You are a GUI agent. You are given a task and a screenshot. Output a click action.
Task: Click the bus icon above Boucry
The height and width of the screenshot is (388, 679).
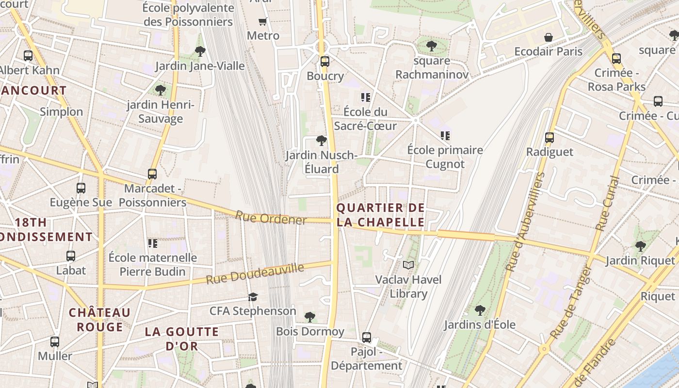(324, 62)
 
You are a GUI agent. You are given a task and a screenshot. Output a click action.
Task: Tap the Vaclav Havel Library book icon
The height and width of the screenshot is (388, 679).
(409, 265)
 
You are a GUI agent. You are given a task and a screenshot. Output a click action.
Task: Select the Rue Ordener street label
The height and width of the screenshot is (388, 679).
(271, 219)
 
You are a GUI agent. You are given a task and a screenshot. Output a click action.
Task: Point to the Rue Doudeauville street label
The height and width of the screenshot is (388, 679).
(255, 274)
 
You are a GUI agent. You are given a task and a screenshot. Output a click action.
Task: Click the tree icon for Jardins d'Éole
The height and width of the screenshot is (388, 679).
(480, 309)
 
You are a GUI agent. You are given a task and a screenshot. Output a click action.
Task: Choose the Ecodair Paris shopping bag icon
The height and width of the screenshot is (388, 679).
(549, 37)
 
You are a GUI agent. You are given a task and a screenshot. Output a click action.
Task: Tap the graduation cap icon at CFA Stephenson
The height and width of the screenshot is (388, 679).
(253, 297)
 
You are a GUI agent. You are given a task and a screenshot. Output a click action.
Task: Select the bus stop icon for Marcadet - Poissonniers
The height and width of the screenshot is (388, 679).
(152, 174)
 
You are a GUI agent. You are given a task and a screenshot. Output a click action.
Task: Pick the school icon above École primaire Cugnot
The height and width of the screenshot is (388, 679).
(445, 136)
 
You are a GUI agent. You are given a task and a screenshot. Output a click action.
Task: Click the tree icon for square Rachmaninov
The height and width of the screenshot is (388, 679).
(431, 46)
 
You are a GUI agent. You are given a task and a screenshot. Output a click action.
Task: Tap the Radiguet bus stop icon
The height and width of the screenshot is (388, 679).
(550, 138)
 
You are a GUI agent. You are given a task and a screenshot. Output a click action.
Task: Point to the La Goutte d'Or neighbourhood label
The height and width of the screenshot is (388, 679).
(182, 339)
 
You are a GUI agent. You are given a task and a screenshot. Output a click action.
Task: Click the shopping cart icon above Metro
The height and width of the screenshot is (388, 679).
(263, 21)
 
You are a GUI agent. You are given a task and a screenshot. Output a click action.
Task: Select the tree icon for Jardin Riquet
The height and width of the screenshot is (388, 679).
(640, 246)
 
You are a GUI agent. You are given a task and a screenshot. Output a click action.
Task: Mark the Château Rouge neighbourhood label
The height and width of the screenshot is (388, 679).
(99, 320)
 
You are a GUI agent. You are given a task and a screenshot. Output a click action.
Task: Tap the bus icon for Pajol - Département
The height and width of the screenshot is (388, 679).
(367, 337)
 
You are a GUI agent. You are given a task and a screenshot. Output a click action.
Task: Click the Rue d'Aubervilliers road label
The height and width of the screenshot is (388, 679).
(526, 221)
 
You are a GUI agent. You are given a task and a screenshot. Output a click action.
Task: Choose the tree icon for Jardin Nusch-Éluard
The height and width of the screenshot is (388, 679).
(321, 141)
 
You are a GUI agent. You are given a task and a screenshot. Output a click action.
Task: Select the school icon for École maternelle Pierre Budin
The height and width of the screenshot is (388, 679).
(153, 243)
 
